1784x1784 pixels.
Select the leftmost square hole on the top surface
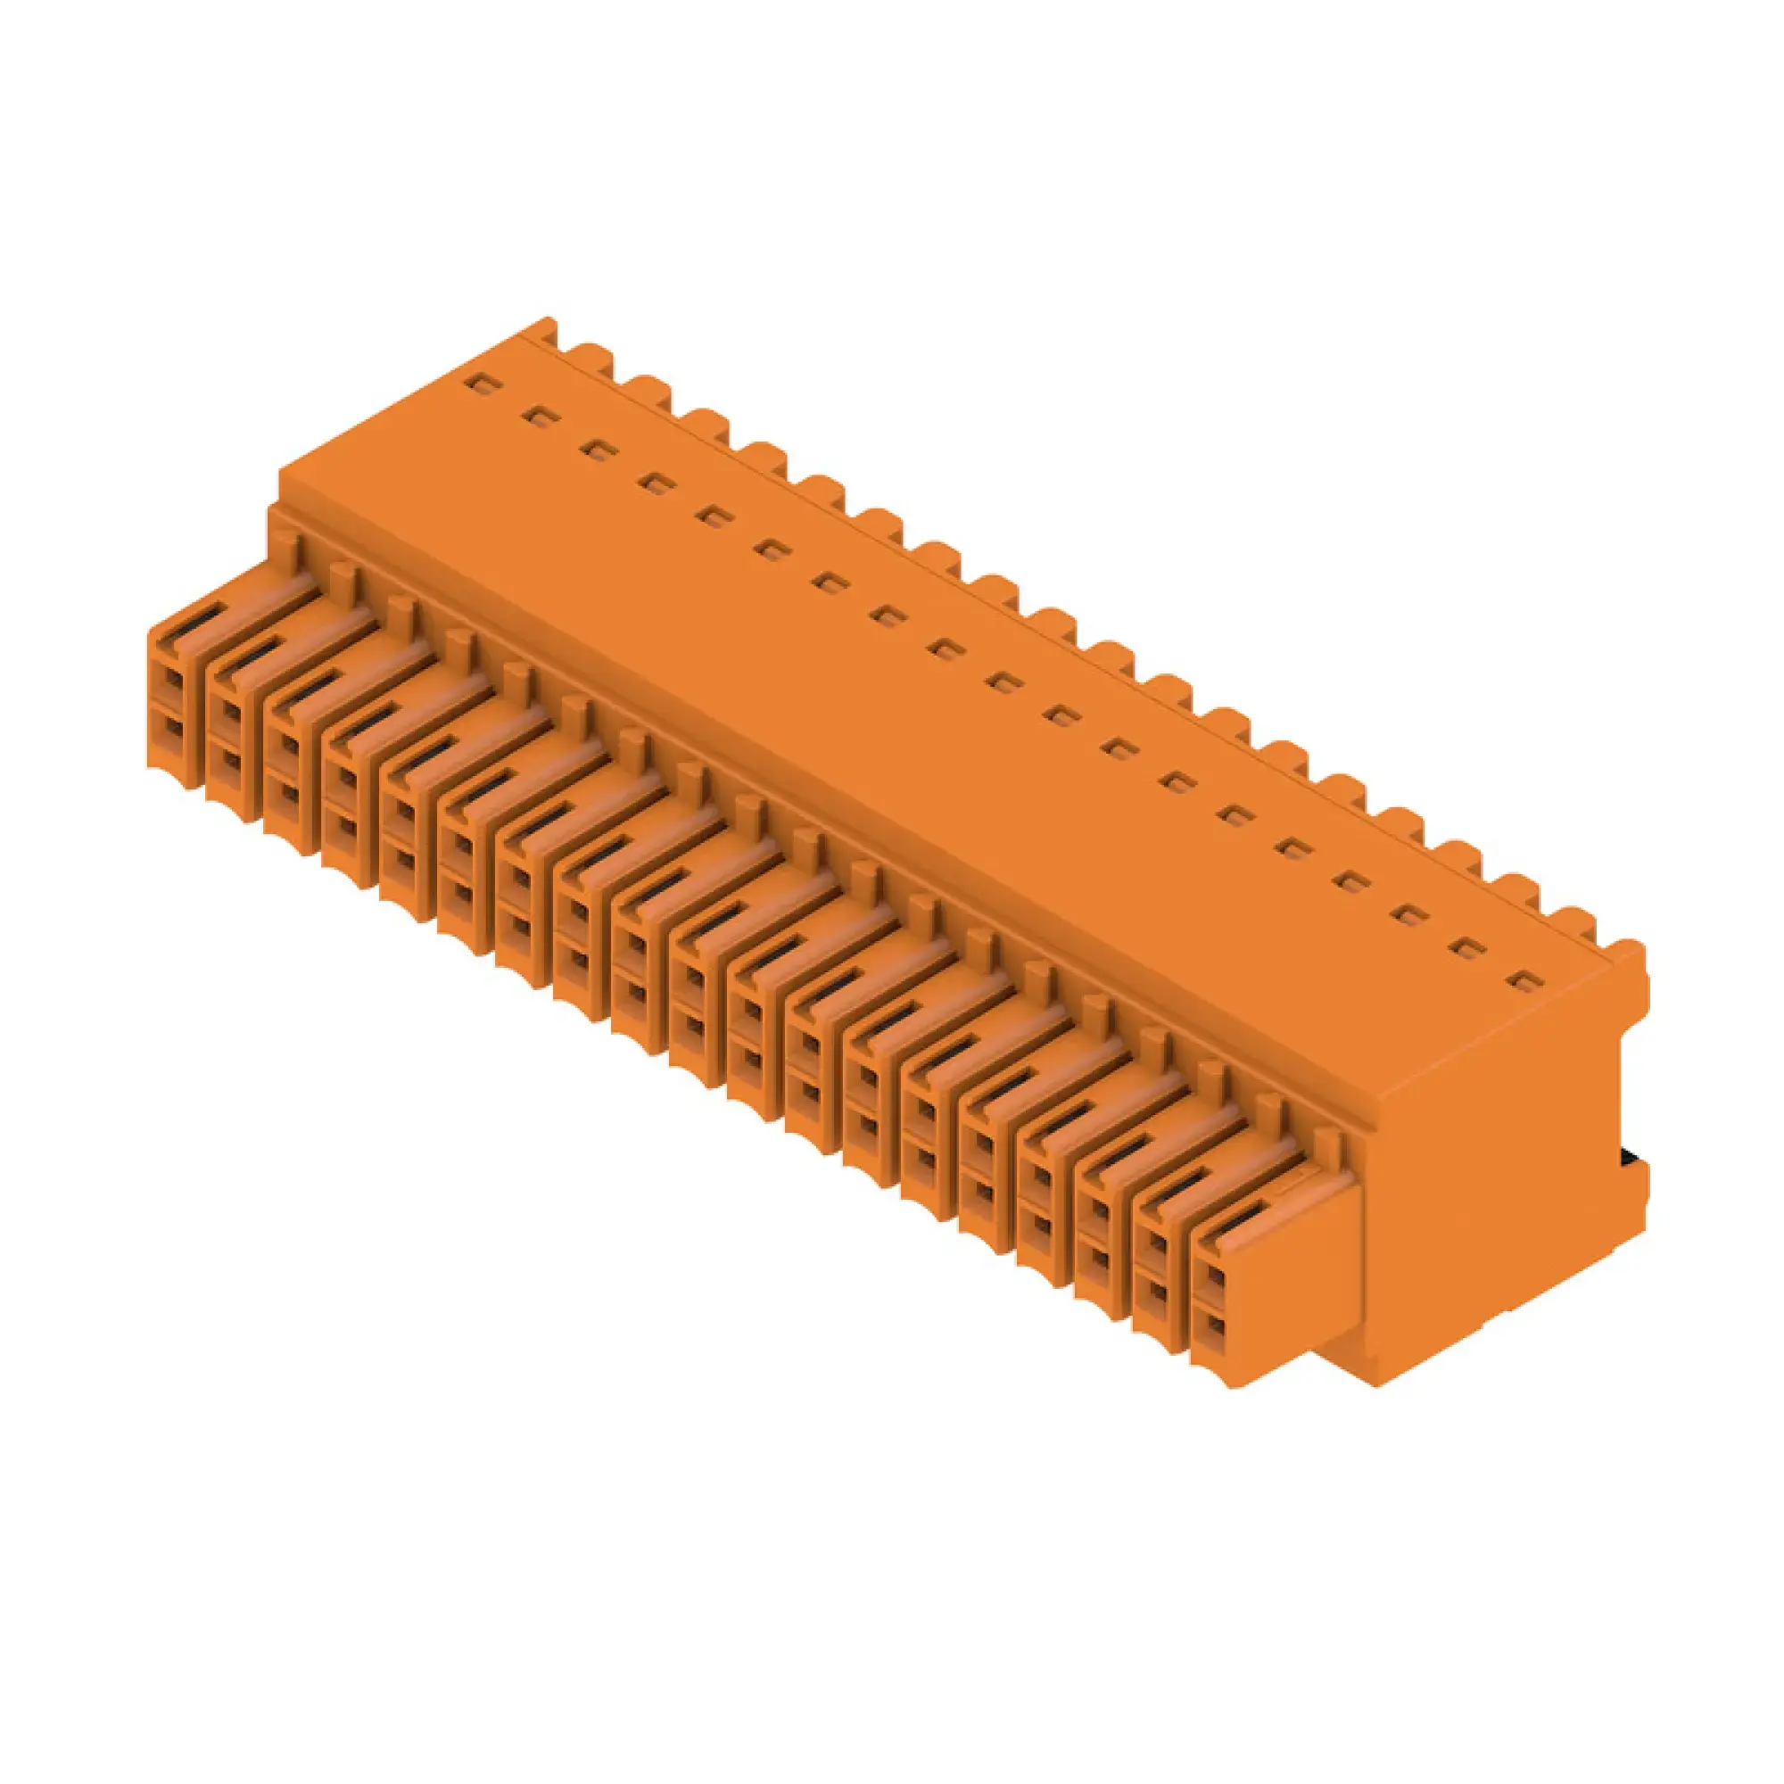click(x=478, y=383)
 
